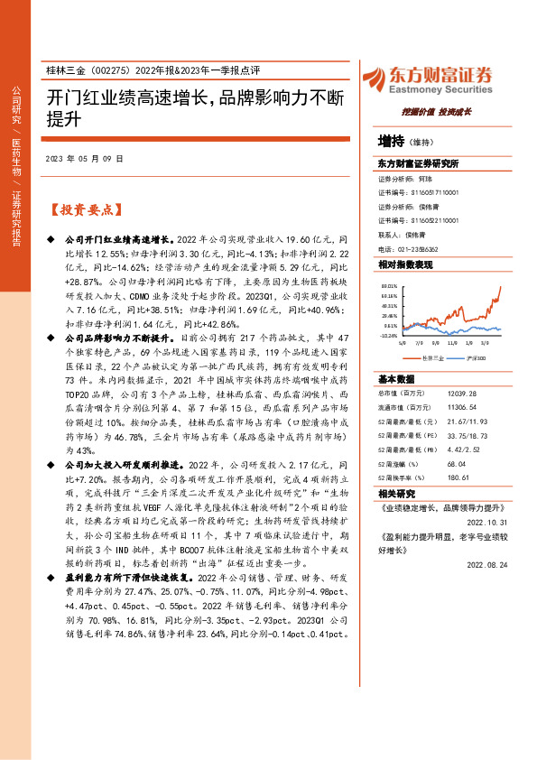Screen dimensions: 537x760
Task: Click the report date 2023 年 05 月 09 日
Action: click(x=85, y=159)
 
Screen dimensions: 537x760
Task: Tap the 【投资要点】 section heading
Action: click(x=86, y=209)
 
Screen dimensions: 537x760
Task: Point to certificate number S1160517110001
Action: click(x=431, y=192)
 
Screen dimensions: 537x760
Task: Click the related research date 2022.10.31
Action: click(x=488, y=522)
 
